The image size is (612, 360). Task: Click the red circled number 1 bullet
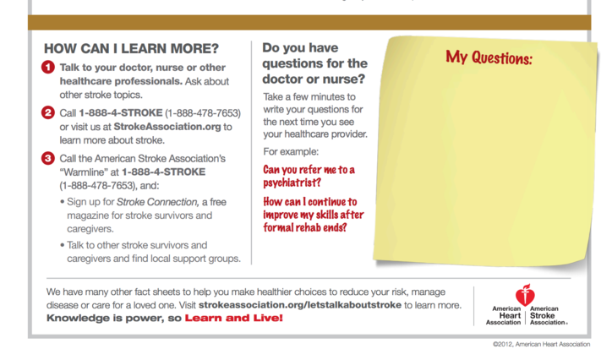click(48, 67)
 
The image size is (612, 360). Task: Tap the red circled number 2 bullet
click(48, 112)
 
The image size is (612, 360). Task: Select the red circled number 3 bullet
click(48, 158)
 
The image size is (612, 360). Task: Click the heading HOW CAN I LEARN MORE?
click(131, 49)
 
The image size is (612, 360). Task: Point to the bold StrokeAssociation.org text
click(167, 127)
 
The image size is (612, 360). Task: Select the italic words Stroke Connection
click(158, 202)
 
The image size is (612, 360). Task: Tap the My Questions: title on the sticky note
click(489, 57)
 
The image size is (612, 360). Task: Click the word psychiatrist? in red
click(292, 183)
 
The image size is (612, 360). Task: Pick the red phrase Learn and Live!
click(234, 318)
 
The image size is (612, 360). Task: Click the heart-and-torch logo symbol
click(525, 295)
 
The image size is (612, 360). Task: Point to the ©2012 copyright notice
click(541, 344)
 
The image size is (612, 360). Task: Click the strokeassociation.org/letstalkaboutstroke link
click(300, 305)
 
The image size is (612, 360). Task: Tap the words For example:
click(291, 151)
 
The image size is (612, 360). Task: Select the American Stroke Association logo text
click(547, 315)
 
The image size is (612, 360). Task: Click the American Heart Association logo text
click(504, 315)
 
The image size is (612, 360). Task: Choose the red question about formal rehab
click(314, 215)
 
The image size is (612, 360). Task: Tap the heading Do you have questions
click(314, 63)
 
